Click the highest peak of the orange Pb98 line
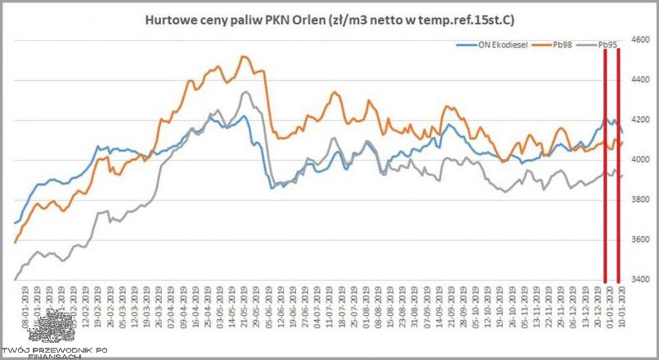pos(243,56)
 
